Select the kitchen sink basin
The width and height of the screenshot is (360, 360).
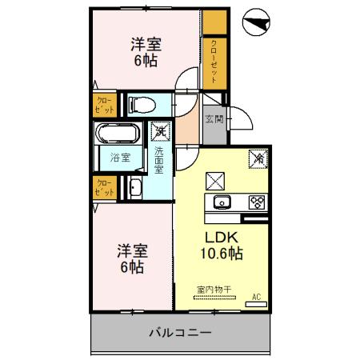[x=221, y=201]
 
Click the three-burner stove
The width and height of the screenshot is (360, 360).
[x=257, y=201]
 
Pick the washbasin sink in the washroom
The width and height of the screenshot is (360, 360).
[x=135, y=190]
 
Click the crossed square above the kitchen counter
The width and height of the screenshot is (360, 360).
[x=215, y=179]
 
